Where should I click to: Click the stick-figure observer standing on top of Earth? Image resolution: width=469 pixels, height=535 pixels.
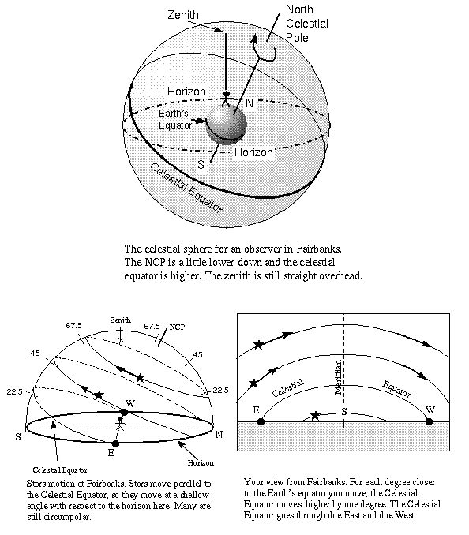click(227, 98)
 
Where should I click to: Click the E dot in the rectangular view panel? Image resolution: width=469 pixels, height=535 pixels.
click(261, 421)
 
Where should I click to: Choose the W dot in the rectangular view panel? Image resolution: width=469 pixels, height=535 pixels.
click(430, 421)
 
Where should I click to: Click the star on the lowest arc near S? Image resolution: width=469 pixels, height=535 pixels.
click(316, 415)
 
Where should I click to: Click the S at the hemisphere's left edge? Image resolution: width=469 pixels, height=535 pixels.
click(17, 435)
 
